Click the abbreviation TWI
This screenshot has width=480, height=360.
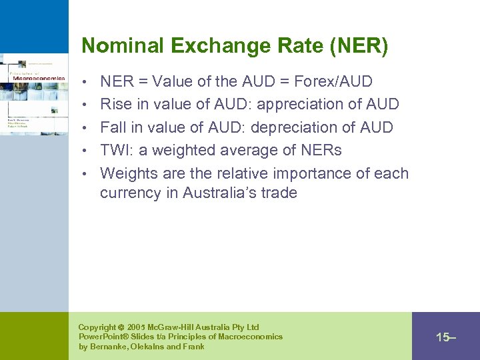115,151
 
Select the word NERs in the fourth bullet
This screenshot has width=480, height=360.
319,151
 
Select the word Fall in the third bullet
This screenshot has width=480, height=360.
113,127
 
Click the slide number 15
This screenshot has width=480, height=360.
443,337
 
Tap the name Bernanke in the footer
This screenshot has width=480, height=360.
111,347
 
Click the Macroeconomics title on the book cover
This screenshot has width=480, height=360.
39,78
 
